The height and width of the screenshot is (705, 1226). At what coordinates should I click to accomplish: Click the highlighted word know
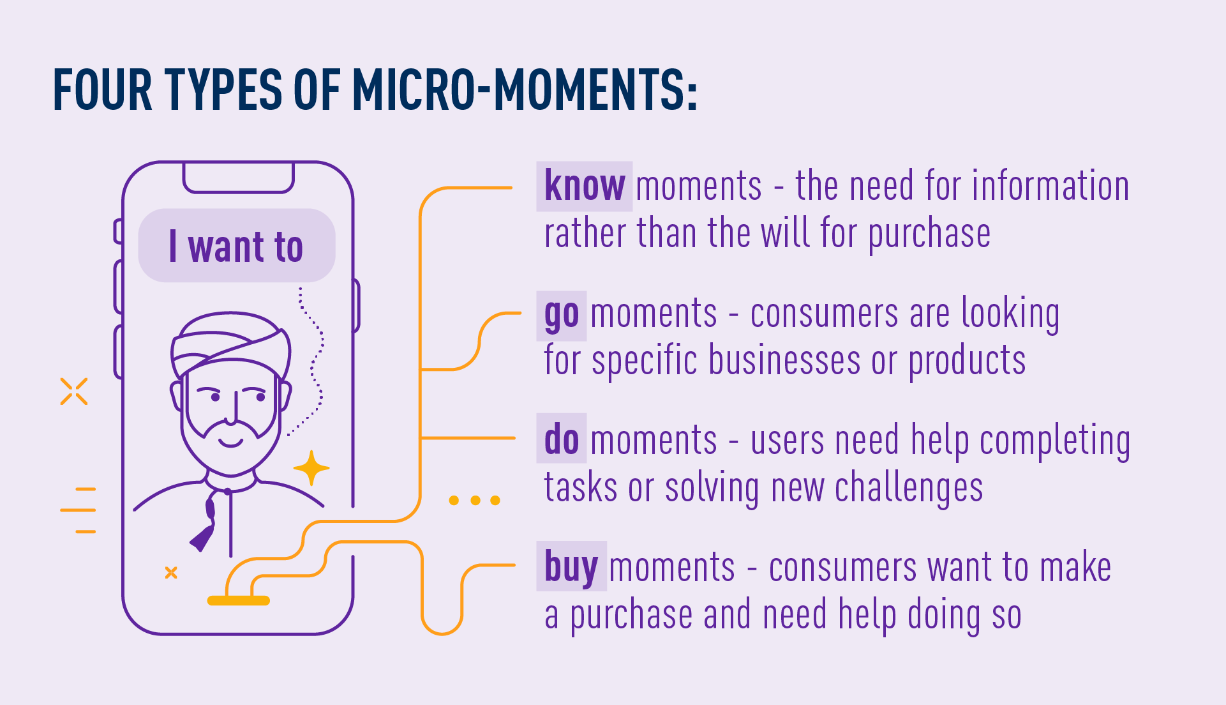pos(584,186)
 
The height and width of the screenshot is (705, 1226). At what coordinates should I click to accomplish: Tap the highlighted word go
pos(562,315)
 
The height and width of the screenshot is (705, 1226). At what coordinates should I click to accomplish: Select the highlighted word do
pos(562,439)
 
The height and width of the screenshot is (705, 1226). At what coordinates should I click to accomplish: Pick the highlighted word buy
pos(571,566)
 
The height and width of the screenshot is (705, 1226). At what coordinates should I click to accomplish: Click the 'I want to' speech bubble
pos(237,246)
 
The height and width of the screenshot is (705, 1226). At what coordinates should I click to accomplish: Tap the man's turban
pos(231,342)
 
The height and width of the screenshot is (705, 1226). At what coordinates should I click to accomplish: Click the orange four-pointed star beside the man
pos(311,468)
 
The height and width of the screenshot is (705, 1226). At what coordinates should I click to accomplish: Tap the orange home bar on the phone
pos(239,600)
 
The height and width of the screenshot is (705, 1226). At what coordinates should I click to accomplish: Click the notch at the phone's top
pos(239,179)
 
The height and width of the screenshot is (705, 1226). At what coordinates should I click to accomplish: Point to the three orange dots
pos(474,500)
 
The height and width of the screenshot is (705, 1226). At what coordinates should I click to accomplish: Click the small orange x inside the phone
pos(171,573)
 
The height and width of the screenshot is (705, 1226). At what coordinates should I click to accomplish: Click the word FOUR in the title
pos(103,89)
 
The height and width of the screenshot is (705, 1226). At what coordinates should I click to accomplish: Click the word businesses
pos(784,360)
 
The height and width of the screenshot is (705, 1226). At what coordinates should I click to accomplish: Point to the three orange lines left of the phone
pos(78,510)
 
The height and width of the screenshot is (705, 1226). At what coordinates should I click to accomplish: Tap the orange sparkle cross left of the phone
pos(74,391)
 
